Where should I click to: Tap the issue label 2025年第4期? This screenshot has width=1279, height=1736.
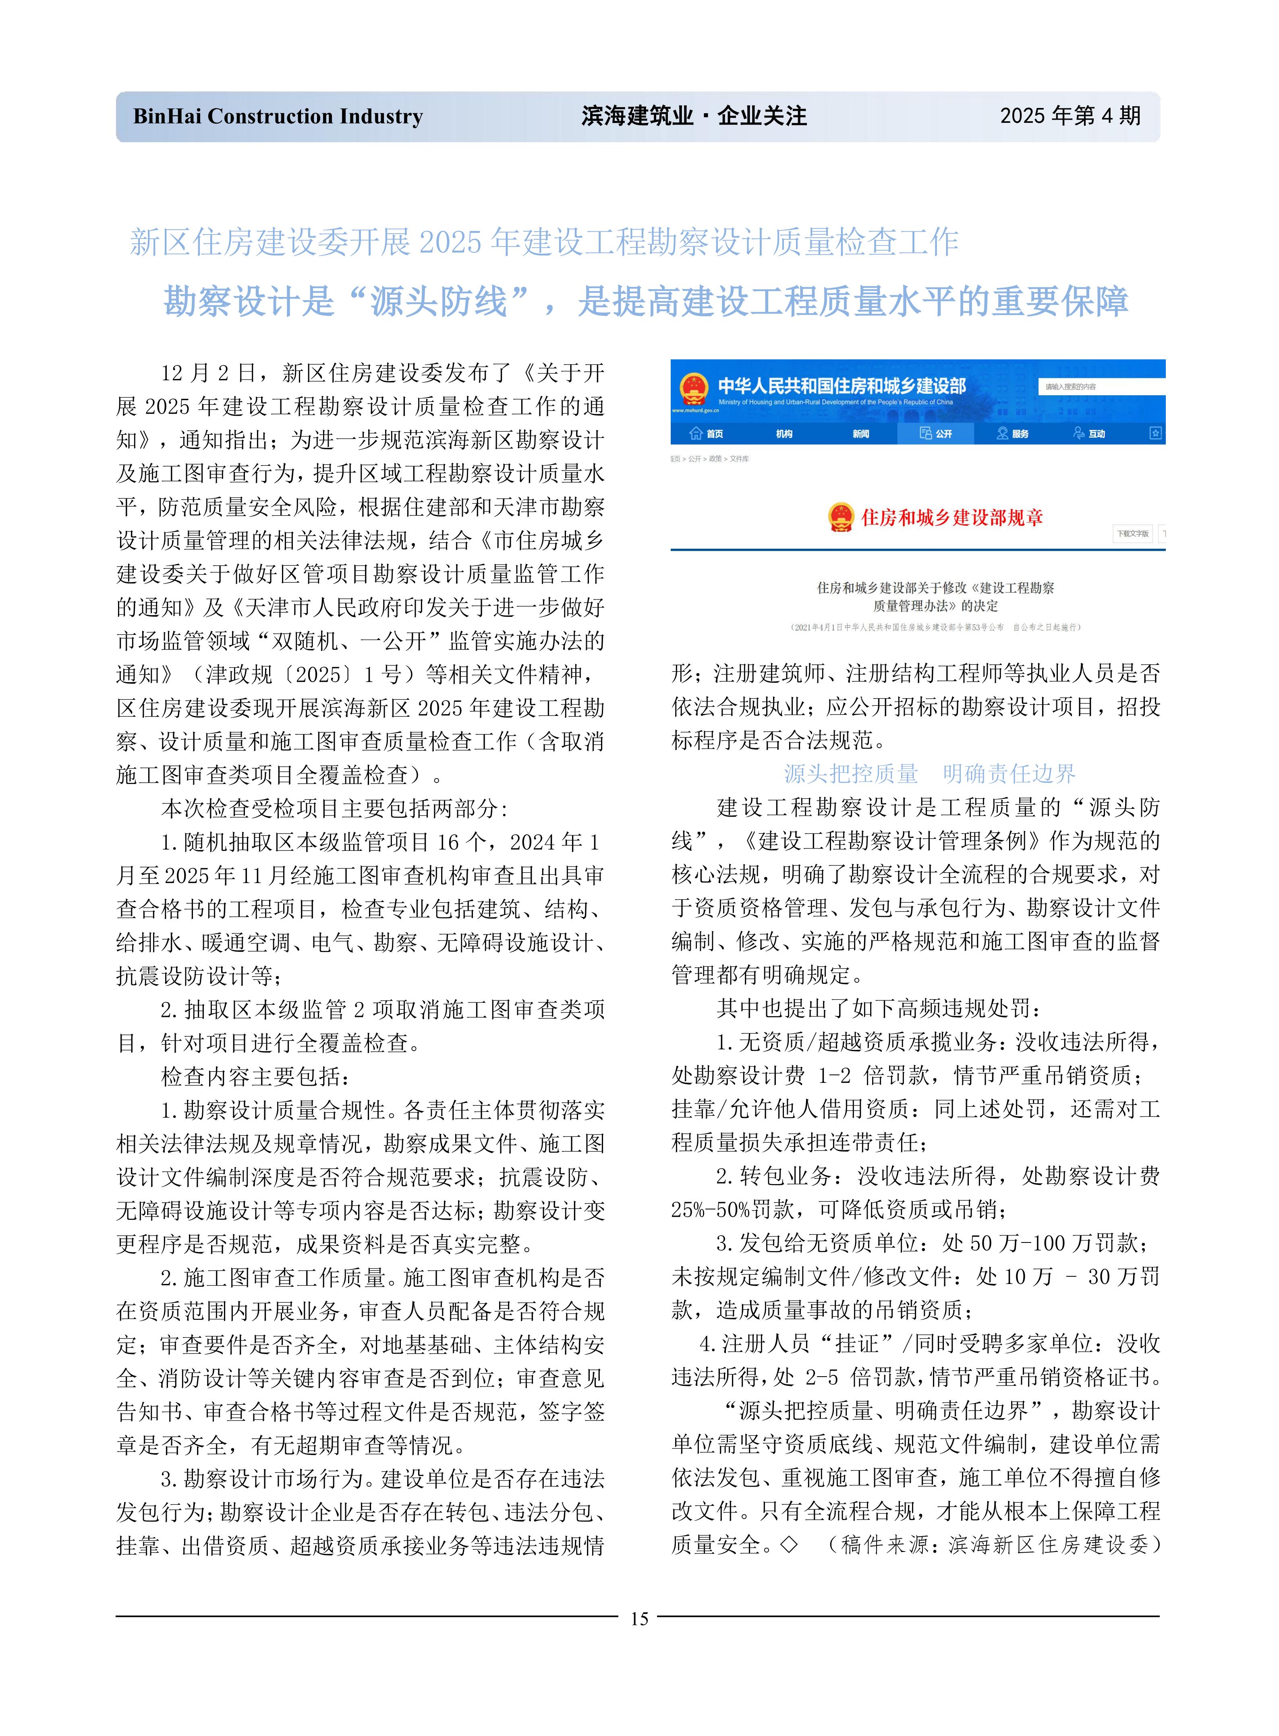click(x=1070, y=116)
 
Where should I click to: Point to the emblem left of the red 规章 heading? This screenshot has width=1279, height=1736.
click(x=842, y=517)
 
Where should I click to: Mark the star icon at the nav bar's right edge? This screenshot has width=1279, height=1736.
click(x=1155, y=433)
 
